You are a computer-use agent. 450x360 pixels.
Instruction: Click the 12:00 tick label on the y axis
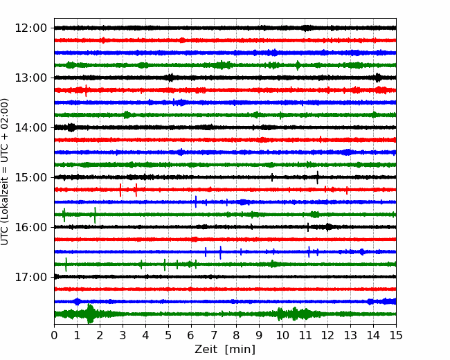(x=30, y=28)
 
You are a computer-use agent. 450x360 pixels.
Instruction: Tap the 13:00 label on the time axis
(x=30, y=78)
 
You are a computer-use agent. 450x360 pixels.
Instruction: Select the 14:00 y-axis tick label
(x=30, y=127)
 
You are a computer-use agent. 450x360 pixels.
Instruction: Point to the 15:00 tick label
(x=30, y=177)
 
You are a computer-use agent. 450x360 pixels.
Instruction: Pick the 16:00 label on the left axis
(x=30, y=227)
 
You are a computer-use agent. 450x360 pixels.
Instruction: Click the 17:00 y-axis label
(x=30, y=277)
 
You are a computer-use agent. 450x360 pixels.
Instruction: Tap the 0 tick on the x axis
(x=54, y=335)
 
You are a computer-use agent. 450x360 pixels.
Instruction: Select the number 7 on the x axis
(x=214, y=335)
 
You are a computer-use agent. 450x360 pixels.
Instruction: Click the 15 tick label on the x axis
(x=396, y=335)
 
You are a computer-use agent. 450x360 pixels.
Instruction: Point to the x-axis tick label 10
(x=282, y=335)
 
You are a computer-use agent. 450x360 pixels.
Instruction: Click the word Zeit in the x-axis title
(x=207, y=350)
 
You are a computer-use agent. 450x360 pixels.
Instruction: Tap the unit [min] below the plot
(x=240, y=350)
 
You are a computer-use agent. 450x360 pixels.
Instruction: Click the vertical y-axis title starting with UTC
(x=5, y=172)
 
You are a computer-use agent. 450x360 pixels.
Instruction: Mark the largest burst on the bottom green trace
(x=90, y=314)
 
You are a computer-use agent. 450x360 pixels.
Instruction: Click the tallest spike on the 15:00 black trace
(x=317, y=177)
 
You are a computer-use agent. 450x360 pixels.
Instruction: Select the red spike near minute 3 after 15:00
(x=120, y=190)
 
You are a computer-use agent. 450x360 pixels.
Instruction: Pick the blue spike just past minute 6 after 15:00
(x=196, y=201)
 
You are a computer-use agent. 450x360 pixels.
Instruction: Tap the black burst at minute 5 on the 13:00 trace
(x=171, y=78)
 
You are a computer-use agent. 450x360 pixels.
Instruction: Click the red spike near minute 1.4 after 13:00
(x=86, y=91)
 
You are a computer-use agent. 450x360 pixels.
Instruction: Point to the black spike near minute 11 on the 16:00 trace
(x=308, y=227)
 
